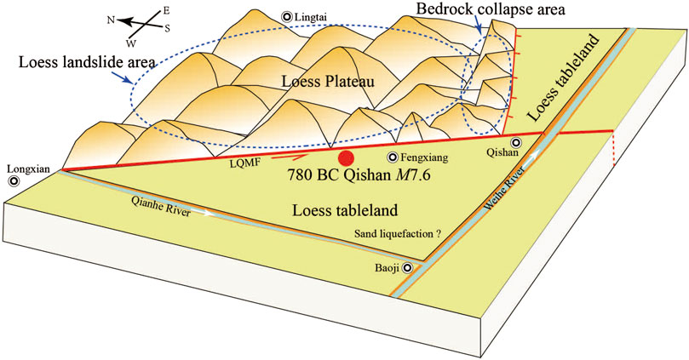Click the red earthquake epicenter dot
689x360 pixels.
pyautogui.click(x=345, y=158)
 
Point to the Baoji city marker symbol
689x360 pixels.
pyautogui.click(x=407, y=267)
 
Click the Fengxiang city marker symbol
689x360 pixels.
pyautogui.click(x=393, y=157)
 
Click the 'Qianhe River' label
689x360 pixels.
pyautogui.click(x=162, y=204)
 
